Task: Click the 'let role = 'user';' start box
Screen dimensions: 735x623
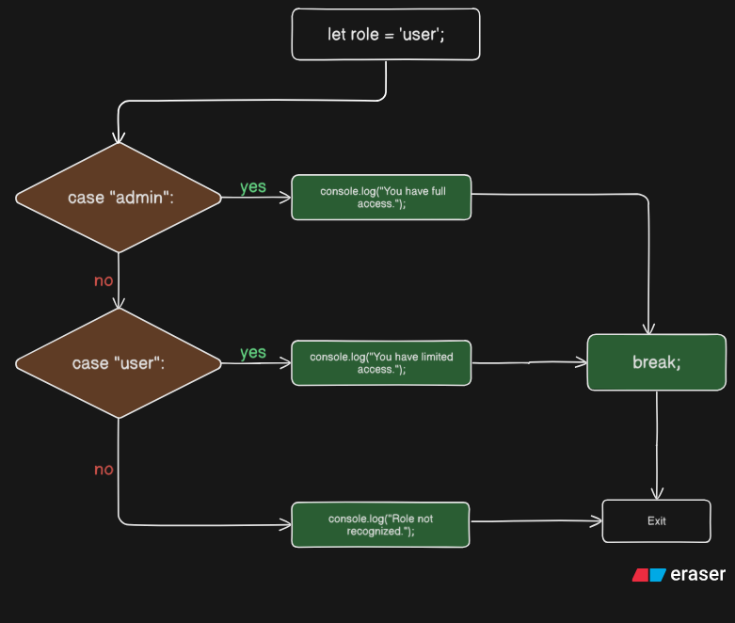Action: (x=386, y=34)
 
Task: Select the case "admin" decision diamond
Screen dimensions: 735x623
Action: (x=119, y=198)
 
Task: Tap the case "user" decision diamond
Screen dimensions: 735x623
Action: (x=119, y=363)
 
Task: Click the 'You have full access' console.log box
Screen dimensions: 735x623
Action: (x=381, y=198)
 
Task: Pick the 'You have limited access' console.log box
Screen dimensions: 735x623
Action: (x=381, y=363)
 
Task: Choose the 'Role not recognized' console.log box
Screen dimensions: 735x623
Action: (x=380, y=524)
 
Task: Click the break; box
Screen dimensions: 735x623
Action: (x=657, y=362)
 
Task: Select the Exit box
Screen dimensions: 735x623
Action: (x=657, y=520)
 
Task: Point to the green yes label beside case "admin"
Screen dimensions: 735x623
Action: (x=253, y=187)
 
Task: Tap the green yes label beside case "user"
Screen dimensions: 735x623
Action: (x=253, y=353)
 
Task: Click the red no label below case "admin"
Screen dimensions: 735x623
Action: (x=104, y=280)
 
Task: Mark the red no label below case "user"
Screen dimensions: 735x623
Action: (x=104, y=470)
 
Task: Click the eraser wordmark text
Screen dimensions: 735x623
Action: (x=698, y=574)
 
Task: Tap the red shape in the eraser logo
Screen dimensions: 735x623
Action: (x=640, y=575)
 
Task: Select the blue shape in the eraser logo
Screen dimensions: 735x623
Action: (x=658, y=575)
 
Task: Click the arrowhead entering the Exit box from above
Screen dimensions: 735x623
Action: (x=657, y=494)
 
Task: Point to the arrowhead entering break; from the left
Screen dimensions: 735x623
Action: (x=582, y=362)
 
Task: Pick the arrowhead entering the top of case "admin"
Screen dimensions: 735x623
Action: (x=119, y=137)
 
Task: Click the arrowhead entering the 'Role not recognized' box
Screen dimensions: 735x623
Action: (x=285, y=524)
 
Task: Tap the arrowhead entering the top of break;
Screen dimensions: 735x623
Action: (x=648, y=329)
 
